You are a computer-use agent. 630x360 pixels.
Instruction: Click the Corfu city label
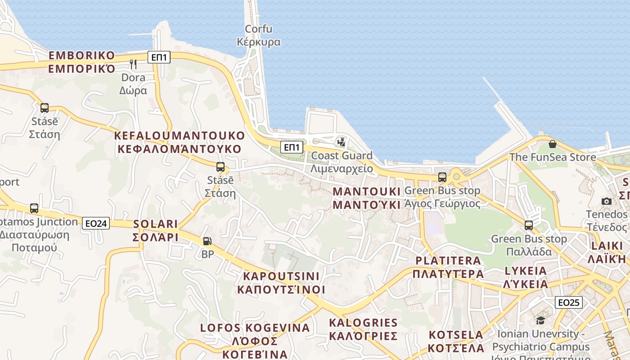(x=259, y=36)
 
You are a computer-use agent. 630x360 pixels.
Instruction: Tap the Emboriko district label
(x=82, y=62)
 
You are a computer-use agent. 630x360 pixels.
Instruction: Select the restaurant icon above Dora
(x=133, y=64)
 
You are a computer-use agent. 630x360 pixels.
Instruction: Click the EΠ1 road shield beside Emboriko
(x=159, y=57)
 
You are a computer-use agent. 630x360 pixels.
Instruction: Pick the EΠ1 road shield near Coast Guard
(x=292, y=147)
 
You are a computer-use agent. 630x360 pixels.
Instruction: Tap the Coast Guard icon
(x=342, y=142)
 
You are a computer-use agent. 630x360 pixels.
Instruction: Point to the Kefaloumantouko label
(x=179, y=142)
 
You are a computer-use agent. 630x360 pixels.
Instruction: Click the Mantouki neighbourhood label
(x=366, y=198)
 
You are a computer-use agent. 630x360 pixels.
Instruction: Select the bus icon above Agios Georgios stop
(x=442, y=177)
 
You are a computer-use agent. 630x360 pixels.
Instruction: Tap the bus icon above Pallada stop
(x=529, y=225)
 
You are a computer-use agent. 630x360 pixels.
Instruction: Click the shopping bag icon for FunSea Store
(x=553, y=144)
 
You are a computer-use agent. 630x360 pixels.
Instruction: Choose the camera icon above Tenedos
(x=607, y=201)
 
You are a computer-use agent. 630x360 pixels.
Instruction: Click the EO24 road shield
(x=96, y=223)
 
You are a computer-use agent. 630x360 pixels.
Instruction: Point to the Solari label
(x=156, y=230)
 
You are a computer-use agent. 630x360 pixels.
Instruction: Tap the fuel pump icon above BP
(x=207, y=242)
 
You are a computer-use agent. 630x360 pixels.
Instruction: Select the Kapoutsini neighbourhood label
(x=281, y=283)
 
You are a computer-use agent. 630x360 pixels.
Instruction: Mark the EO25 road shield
(x=569, y=302)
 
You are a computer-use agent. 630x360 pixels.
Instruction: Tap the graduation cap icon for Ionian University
(x=540, y=320)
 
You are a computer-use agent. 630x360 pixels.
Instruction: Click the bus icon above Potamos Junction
(x=34, y=208)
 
